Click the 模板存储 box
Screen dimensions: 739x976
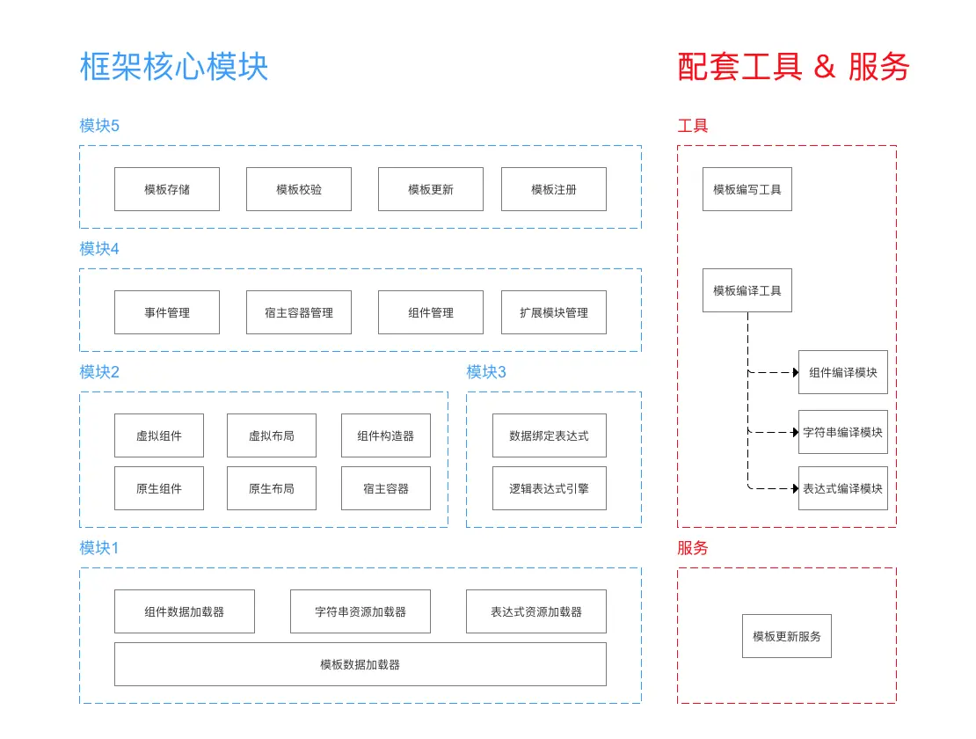coord(167,189)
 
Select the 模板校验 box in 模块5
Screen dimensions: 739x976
coord(299,189)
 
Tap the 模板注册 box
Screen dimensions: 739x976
coord(554,189)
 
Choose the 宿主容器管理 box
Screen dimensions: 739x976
coord(299,312)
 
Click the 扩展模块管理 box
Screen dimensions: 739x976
coord(554,312)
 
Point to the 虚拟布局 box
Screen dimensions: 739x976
coord(272,435)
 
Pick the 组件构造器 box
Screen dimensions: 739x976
coord(386,435)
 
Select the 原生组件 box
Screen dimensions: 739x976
coord(159,488)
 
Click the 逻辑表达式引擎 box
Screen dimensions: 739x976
coord(550,488)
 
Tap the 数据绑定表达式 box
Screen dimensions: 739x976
coord(550,435)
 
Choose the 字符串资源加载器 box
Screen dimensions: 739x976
coord(361,611)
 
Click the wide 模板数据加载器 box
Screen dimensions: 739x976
coord(361,664)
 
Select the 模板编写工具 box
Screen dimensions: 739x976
coord(747,189)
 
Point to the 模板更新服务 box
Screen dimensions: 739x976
coord(787,636)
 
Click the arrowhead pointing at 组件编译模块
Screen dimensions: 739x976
coord(795,372)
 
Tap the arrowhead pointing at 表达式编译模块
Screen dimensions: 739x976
coord(795,488)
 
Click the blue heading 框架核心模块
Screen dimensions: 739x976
coord(174,67)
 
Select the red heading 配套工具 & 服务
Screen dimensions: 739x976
coord(793,67)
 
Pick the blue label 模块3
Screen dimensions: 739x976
coord(486,372)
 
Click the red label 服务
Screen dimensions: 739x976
coord(693,548)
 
